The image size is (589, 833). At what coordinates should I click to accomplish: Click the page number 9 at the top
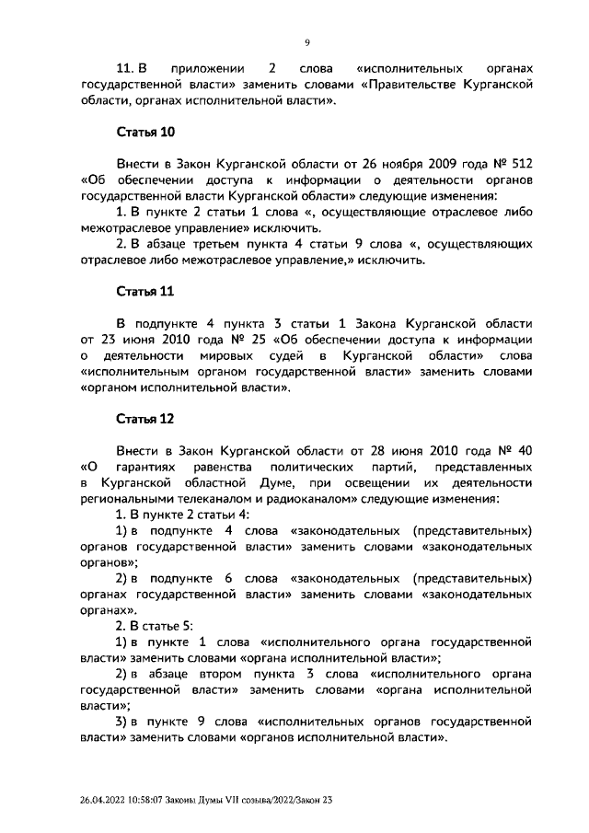(x=307, y=40)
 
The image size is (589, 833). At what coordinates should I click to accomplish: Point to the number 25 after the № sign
(x=248, y=340)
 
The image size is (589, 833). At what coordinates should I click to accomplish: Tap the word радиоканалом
(x=292, y=499)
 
